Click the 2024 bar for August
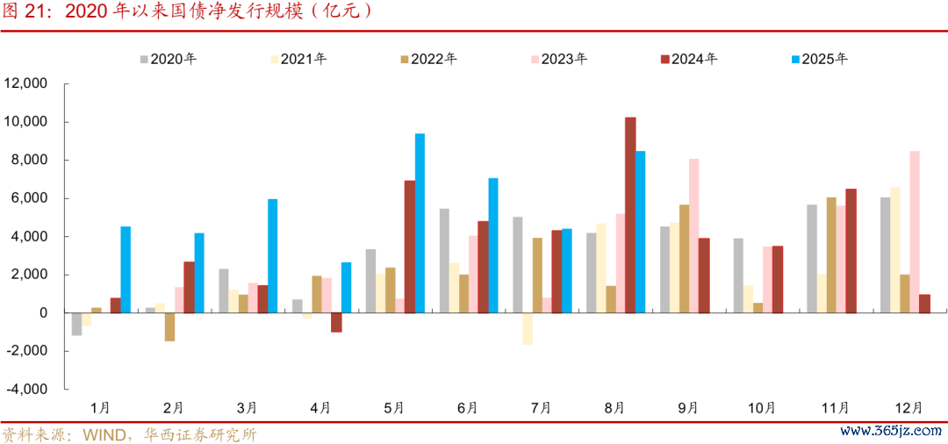point(630,215)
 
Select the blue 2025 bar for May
point(420,223)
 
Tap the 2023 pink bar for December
point(915,232)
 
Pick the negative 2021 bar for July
point(528,328)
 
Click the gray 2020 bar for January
point(76,324)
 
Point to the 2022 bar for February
point(169,326)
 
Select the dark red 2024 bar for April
point(336,322)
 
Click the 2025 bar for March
point(272,255)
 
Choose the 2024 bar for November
point(851,250)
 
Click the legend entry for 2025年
point(820,60)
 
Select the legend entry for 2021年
point(298,60)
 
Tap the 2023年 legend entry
point(558,60)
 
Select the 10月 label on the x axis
point(761,408)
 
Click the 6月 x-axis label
point(468,408)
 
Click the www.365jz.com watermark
point(890,432)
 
